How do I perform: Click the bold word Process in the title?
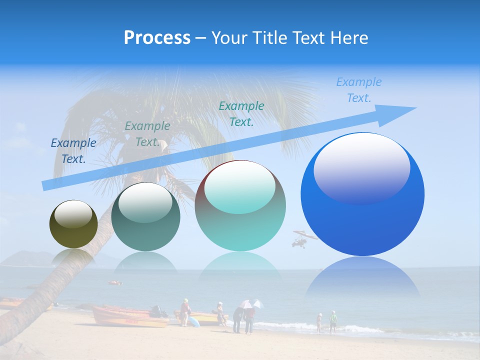(157, 38)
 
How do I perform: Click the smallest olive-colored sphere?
(73, 224)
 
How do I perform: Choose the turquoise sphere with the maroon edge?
(240, 205)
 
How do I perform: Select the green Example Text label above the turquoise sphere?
(241, 113)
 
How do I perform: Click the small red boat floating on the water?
(115, 283)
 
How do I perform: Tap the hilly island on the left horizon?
(30, 257)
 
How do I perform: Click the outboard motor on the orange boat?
(156, 310)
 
